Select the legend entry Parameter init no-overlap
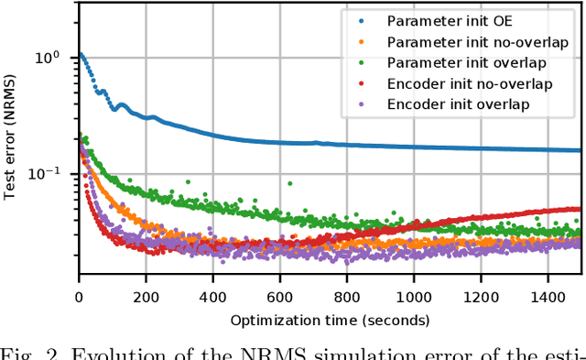(465, 42)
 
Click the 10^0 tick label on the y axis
(48, 57)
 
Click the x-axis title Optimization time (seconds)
(330, 320)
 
